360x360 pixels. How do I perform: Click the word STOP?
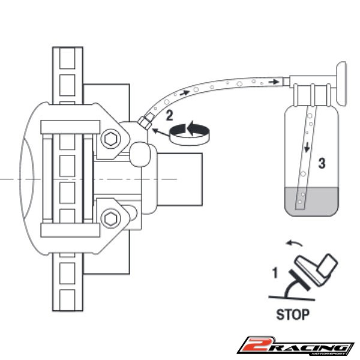pos(293,314)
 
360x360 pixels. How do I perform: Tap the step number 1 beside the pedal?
pos(275,273)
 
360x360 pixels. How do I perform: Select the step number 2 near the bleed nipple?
pos(169,115)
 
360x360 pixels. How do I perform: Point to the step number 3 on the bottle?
pos(322,163)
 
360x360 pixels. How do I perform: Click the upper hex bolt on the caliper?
pos(110,139)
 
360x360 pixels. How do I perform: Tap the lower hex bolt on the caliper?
pos(110,219)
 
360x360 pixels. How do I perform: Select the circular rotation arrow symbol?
pos(190,133)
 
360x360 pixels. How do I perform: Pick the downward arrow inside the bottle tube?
pos(307,147)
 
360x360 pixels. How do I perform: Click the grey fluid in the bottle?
pos(311,202)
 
